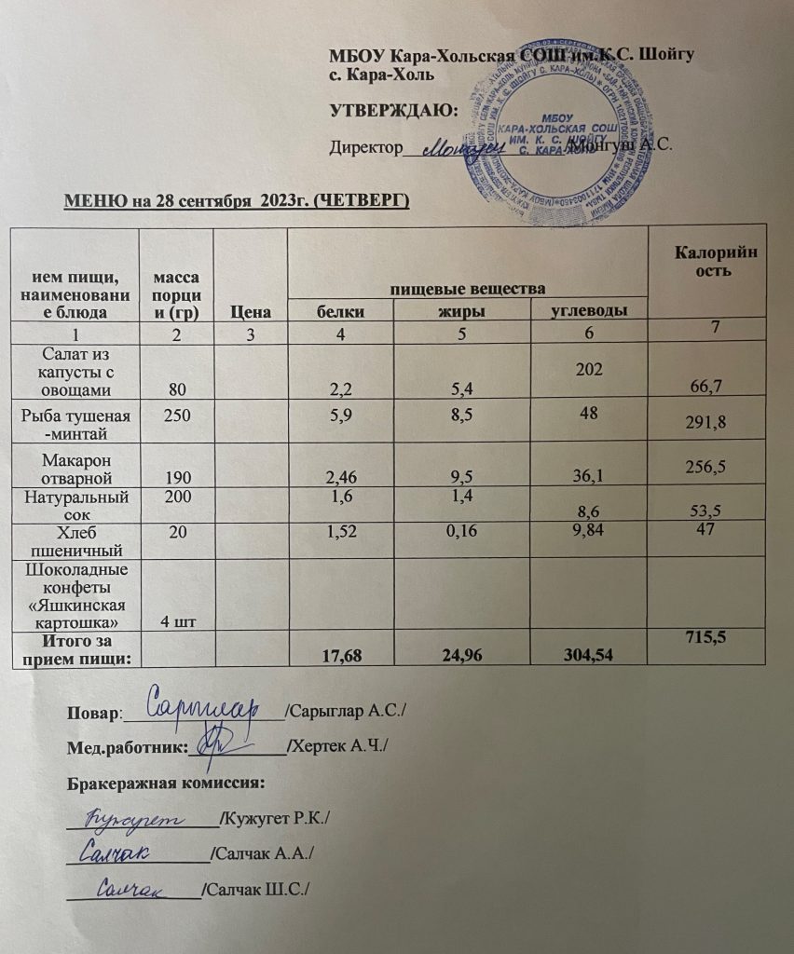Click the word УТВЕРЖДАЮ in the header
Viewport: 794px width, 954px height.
pos(394,111)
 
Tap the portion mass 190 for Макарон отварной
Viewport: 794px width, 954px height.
pos(175,477)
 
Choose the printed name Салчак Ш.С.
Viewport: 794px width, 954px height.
pos(257,890)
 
